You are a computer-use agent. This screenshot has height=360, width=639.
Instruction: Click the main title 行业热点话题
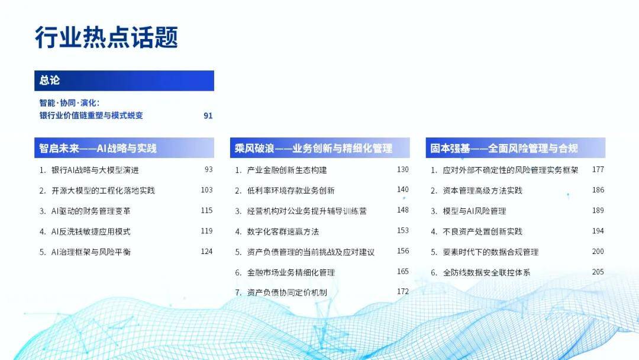[x=106, y=37]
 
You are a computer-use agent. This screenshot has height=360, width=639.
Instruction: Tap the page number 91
[x=208, y=116]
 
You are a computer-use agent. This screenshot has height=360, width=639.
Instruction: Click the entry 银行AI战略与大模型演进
[x=95, y=170]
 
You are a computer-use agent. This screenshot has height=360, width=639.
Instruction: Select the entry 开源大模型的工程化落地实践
[x=103, y=191]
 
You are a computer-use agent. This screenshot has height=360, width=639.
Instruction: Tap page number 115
[x=206, y=210]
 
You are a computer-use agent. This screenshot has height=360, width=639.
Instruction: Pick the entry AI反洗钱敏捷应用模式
[x=91, y=232]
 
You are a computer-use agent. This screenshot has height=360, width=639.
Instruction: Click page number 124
[x=206, y=252]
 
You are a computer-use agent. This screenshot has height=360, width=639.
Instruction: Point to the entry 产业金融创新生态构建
[x=287, y=170]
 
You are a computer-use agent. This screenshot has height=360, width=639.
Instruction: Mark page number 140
[x=403, y=189]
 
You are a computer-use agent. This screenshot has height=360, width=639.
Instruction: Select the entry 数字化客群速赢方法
[x=283, y=232]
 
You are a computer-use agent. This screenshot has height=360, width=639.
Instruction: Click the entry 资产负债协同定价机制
[x=287, y=292]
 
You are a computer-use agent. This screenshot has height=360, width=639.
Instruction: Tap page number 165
[x=403, y=272]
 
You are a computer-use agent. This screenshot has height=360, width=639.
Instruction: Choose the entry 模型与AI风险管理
[x=475, y=211]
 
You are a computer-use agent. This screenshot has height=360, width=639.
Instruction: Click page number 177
[x=598, y=169]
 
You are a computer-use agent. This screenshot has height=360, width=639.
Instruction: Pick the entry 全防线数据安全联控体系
[x=486, y=272]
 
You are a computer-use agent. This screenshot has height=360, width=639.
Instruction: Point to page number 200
[x=598, y=252]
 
